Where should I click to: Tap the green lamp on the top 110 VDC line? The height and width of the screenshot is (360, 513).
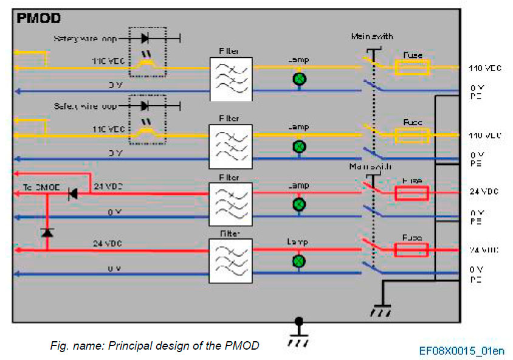[x=299, y=79]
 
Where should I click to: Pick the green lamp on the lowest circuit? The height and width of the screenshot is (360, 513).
[x=299, y=261]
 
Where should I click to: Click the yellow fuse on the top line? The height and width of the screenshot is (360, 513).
[x=413, y=67]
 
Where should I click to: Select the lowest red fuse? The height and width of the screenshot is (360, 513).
[x=411, y=250]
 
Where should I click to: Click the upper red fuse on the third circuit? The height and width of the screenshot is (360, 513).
[x=411, y=193]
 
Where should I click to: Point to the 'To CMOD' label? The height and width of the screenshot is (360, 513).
[x=37, y=188]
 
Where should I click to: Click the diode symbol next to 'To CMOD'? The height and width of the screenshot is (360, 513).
[x=72, y=194]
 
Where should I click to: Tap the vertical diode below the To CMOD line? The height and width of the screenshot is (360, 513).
[x=47, y=233]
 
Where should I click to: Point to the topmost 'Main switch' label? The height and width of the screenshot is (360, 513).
[x=368, y=36]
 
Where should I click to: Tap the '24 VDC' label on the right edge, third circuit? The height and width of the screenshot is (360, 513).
[x=484, y=191]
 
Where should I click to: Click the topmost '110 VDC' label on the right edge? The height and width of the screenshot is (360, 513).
[x=485, y=68]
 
